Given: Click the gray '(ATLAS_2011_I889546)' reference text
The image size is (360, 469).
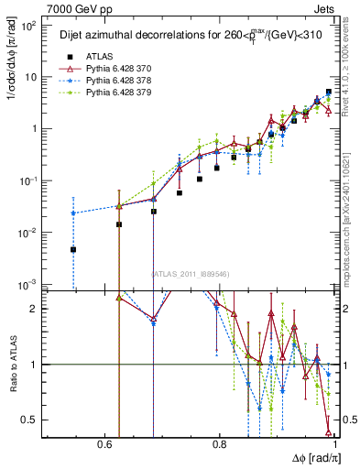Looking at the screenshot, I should click(190, 274).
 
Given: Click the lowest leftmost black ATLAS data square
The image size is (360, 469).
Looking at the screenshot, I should click(73, 249).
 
